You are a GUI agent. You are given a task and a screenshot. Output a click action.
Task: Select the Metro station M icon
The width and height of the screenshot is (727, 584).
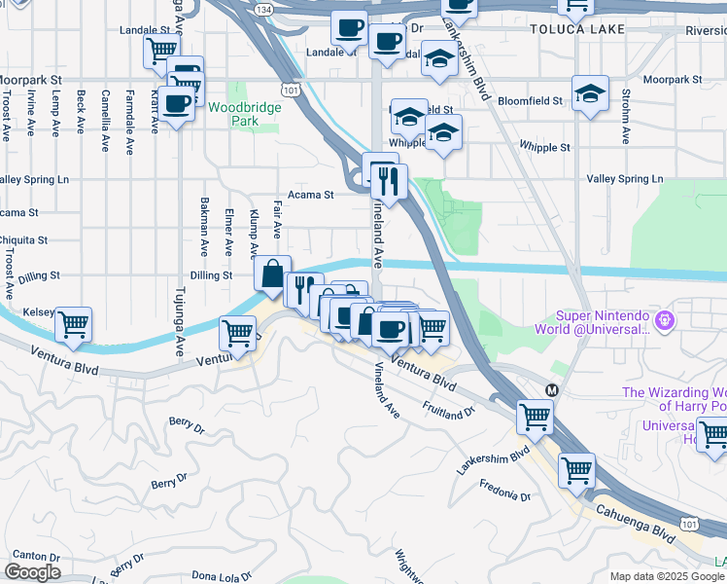click(552, 389)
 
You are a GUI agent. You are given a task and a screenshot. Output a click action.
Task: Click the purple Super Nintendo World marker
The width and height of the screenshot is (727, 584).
click(665, 319)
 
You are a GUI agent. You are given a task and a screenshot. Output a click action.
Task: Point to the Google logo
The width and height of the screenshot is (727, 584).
click(32, 571)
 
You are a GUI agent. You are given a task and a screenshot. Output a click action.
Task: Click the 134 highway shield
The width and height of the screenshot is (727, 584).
click(262, 9)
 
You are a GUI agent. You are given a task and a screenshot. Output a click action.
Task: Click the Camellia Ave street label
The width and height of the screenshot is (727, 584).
click(104, 122)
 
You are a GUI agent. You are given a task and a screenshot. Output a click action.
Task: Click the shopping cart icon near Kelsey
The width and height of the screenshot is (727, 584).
click(73, 324)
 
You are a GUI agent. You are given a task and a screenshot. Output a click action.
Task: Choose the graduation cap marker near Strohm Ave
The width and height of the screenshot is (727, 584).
click(590, 93)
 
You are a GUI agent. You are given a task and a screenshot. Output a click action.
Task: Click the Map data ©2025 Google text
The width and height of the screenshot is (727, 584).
click(667, 576)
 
